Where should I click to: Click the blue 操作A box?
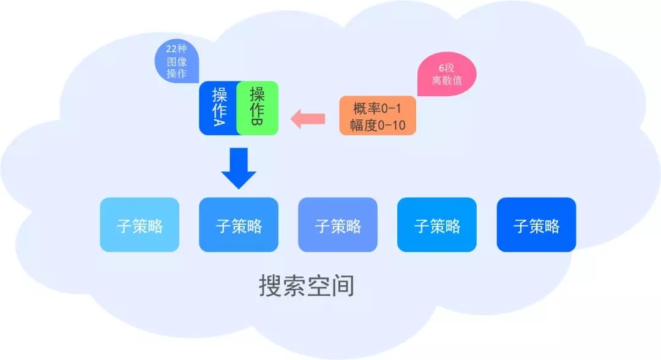(x=218, y=108)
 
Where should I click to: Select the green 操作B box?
(x=258, y=108)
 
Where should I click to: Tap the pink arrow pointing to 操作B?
(x=308, y=118)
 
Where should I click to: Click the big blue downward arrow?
(x=239, y=167)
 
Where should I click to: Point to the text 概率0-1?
(x=378, y=108)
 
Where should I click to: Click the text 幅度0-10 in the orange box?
(x=378, y=125)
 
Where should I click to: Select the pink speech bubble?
(x=446, y=75)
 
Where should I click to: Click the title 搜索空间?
(x=307, y=286)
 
